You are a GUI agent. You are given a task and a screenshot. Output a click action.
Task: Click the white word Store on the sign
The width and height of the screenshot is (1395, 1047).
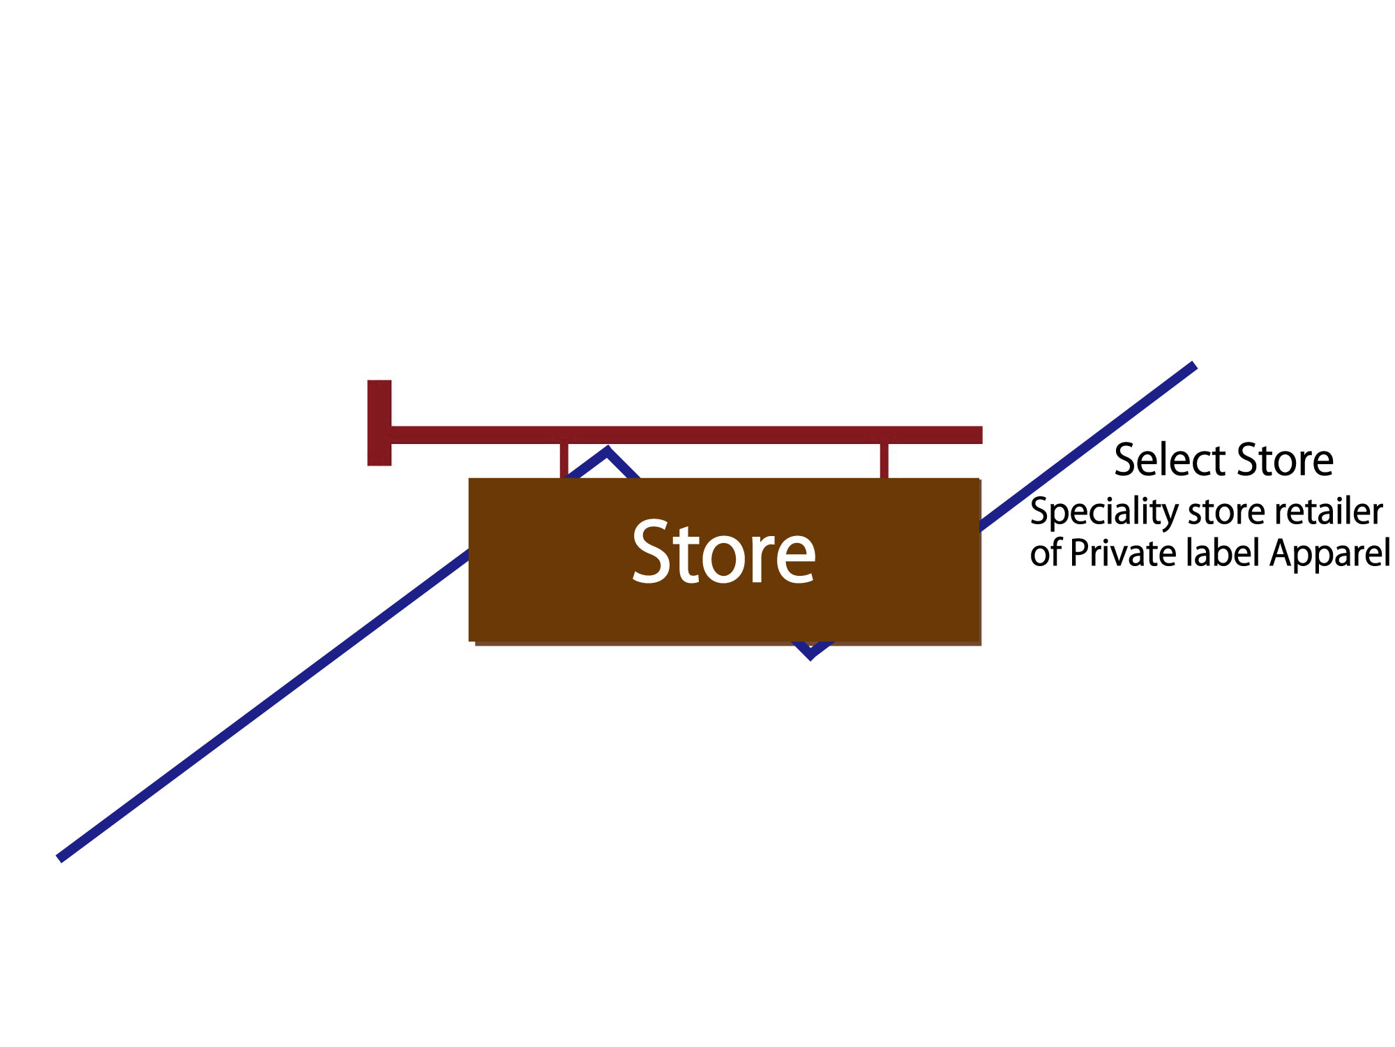723,553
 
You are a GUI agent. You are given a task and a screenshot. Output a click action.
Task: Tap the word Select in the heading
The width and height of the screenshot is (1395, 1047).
1170,461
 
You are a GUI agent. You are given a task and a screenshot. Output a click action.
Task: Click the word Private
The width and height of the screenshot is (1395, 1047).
1124,554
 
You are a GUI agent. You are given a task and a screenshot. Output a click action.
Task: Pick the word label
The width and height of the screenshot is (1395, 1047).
1223,553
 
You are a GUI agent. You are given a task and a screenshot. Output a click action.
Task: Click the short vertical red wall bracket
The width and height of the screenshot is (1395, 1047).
379,423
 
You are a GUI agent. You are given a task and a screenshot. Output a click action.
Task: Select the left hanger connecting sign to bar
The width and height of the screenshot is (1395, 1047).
564,461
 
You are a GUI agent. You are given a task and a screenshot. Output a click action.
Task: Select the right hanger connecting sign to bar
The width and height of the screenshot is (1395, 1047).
884,461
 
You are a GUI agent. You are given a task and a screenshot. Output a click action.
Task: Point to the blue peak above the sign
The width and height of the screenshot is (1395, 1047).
607,452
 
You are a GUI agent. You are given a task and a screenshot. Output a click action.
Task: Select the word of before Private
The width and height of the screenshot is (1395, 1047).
1046,554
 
